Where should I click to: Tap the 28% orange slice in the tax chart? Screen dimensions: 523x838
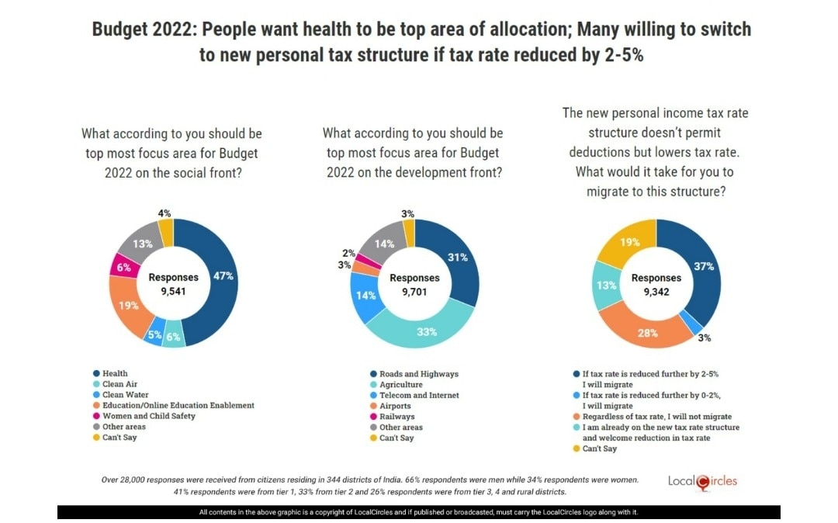[x=648, y=333]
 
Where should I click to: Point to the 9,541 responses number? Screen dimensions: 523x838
[x=174, y=292]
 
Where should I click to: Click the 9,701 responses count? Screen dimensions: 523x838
[x=414, y=293]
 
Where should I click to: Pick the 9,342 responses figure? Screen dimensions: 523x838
[x=656, y=293]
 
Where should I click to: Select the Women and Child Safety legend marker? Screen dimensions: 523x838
[x=97, y=416]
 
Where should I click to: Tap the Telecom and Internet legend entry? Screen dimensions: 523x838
[x=420, y=395]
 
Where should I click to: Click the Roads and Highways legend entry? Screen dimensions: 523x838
[x=418, y=373]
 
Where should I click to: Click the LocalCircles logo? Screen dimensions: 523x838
[x=703, y=481]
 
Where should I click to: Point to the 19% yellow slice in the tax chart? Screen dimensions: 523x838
[x=629, y=242]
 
